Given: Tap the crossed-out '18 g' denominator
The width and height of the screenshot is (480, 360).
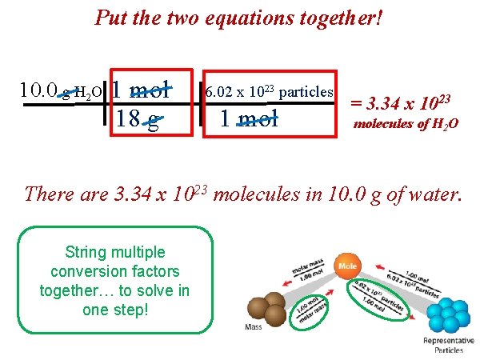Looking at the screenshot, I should (x=137, y=120).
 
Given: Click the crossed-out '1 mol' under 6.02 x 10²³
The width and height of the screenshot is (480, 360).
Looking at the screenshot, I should (x=249, y=120).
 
